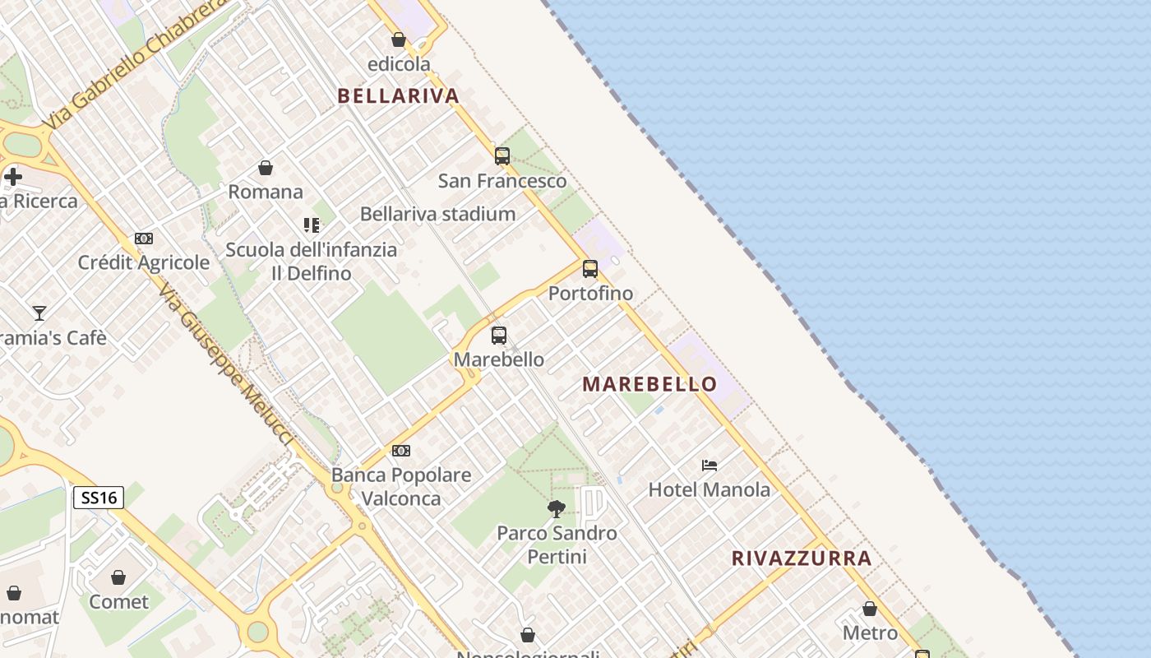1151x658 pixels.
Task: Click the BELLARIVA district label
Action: pyautogui.click(x=398, y=96)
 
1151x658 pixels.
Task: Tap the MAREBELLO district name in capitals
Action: pyautogui.click(x=649, y=384)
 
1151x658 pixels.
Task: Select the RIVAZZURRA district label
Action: pyautogui.click(x=802, y=558)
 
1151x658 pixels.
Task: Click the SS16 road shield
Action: pyautogui.click(x=99, y=498)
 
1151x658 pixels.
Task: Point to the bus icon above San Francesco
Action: pyautogui.click(x=502, y=155)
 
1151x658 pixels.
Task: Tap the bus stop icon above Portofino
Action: pyautogui.click(x=590, y=268)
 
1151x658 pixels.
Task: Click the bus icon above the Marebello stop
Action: pyautogui.click(x=499, y=335)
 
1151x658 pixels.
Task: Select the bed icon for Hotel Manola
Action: pyautogui.click(x=710, y=465)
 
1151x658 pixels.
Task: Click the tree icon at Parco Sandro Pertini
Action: pyautogui.click(x=557, y=508)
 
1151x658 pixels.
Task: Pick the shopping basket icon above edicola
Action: pyautogui.click(x=399, y=39)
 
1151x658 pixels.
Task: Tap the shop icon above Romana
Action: pyautogui.click(x=266, y=168)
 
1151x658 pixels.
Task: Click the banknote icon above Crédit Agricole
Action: pyautogui.click(x=144, y=239)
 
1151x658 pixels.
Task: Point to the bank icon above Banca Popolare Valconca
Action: pyautogui.click(x=401, y=451)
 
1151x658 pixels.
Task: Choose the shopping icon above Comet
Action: pyautogui.click(x=118, y=577)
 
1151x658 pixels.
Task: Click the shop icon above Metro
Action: pyautogui.click(x=870, y=609)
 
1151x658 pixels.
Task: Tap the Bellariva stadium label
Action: pyautogui.click(x=437, y=215)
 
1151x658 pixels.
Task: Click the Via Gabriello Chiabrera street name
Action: pyautogui.click(x=136, y=63)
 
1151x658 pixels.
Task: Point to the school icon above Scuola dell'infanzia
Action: pyautogui.click(x=312, y=225)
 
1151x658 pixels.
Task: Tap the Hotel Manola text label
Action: pyautogui.click(x=710, y=490)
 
